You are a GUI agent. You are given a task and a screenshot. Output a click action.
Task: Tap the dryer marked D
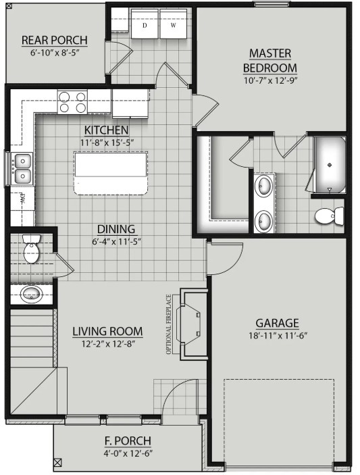tap(145, 25)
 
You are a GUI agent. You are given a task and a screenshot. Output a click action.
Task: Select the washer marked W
tap(172, 25)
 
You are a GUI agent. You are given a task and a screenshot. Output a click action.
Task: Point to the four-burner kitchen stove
tap(72, 101)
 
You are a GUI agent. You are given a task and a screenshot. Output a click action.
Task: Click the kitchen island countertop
tap(111, 174)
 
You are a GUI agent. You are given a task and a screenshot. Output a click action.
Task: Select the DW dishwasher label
tap(21, 199)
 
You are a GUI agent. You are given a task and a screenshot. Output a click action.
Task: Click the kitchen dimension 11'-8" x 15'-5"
tap(107, 142)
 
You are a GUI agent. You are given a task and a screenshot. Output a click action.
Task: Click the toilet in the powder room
tap(31, 251)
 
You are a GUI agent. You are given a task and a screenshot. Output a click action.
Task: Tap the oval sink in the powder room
tap(32, 294)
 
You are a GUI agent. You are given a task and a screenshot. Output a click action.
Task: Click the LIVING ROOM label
tap(108, 331)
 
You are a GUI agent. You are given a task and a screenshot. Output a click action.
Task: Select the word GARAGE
tap(277, 323)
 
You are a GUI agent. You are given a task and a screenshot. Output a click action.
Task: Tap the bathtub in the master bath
tap(329, 165)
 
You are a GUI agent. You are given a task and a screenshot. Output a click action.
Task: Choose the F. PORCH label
tap(128, 441)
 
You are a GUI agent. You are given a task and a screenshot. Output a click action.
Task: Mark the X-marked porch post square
tap(57, 463)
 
